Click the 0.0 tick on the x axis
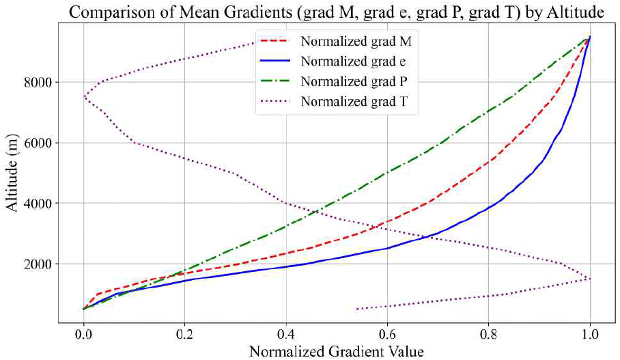(x=83, y=335)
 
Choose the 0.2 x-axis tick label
(x=184, y=335)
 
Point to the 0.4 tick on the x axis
(x=286, y=335)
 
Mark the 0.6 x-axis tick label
(x=387, y=335)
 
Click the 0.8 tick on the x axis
(x=488, y=335)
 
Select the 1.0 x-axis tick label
(x=590, y=335)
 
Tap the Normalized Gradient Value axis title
(x=336, y=352)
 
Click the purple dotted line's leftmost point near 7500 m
(x=84, y=97)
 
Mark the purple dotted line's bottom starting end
(x=356, y=309)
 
